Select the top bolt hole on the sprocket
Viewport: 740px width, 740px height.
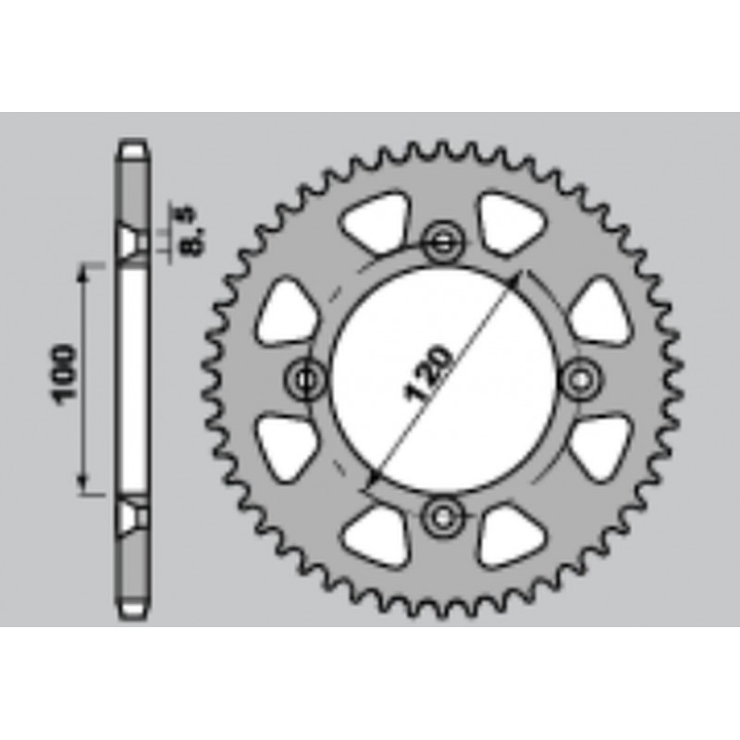pyautogui.click(x=441, y=242)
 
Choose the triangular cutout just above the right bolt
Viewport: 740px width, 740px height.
pyautogui.click(x=598, y=312)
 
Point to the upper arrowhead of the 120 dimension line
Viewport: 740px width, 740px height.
pyautogui.click(x=519, y=278)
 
